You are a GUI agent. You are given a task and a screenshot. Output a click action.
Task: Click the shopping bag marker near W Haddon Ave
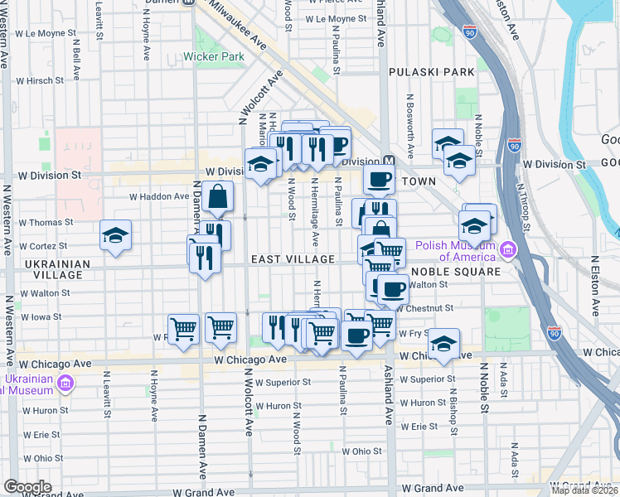(217, 197)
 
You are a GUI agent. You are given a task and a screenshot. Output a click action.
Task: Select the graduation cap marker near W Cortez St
(115, 235)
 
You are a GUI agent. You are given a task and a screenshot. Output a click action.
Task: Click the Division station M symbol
(386, 160)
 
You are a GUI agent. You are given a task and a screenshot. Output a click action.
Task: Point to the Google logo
(27, 486)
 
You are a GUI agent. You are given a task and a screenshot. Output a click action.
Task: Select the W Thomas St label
(47, 223)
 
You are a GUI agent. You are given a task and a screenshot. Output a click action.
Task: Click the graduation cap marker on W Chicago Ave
(444, 345)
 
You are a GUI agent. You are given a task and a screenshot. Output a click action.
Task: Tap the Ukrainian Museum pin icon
(65, 384)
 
